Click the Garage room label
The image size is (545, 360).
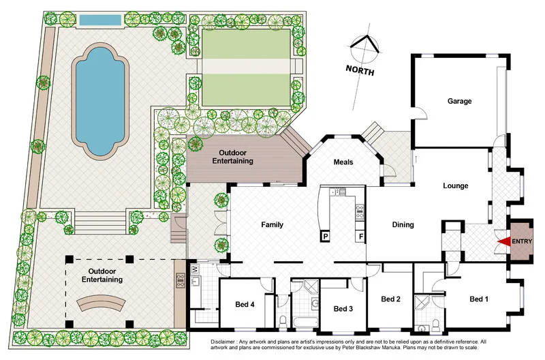click(x=459, y=101)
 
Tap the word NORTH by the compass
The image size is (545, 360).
click(x=360, y=70)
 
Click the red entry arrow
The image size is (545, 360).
click(x=503, y=241)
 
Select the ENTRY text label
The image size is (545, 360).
click(x=522, y=241)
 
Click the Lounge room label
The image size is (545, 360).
click(x=455, y=185)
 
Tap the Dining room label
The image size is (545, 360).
click(x=403, y=224)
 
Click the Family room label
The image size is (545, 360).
click(x=272, y=224)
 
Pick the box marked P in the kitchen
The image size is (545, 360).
click(x=326, y=237)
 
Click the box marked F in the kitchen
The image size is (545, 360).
click(x=358, y=237)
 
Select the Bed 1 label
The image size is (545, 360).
click(x=480, y=299)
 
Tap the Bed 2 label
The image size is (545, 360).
click(x=390, y=299)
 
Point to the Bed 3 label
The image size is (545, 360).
click(x=343, y=308)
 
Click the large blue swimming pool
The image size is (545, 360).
click(x=100, y=106)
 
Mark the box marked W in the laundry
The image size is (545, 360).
click(x=194, y=269)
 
